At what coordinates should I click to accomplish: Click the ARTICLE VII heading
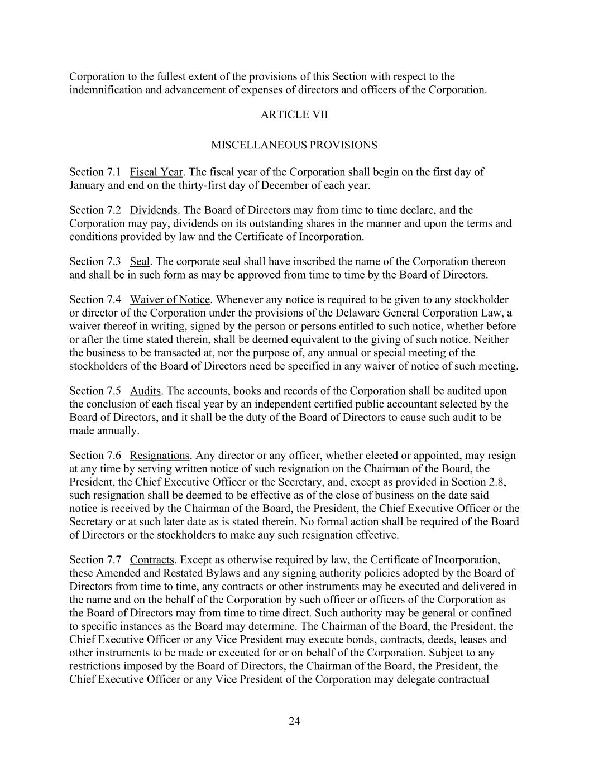click(294, 115)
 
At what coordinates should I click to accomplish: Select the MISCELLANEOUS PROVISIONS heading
click(294, 145)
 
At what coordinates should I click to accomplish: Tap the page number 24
click(294, 722)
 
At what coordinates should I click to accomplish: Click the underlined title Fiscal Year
click(156, 172)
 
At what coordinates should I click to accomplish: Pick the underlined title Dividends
click(154, 210)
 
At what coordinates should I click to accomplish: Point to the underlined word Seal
click(140, 262)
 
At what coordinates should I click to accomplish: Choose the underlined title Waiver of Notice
click(170, 300)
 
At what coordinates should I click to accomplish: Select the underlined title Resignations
click(160, 456)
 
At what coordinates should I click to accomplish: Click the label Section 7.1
click(95, 172)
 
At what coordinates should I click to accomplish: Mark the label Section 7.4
click(95, 300)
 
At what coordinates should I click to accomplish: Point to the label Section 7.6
click(95, 456)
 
